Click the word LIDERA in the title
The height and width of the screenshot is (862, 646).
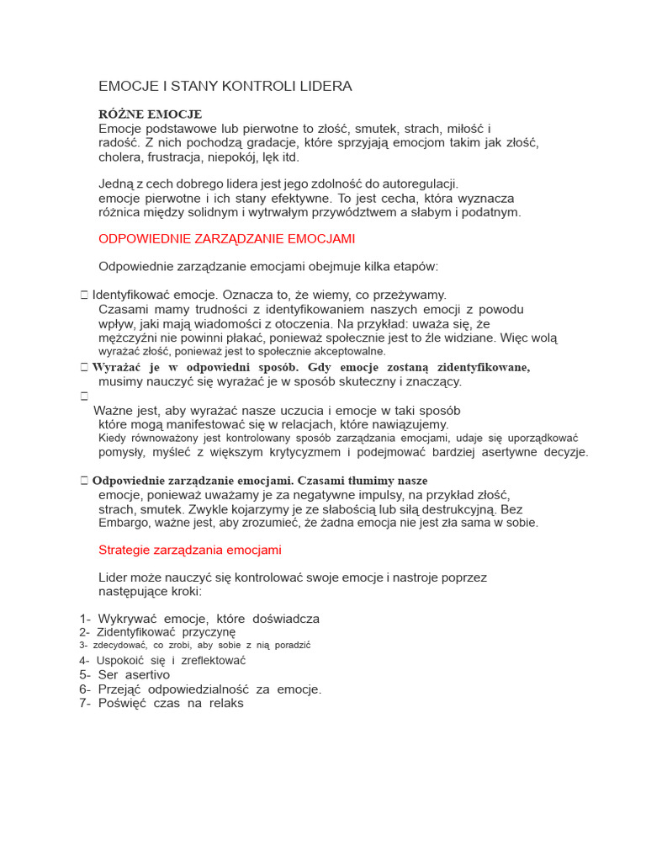(324, 87)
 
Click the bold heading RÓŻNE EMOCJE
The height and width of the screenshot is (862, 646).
(150, 114)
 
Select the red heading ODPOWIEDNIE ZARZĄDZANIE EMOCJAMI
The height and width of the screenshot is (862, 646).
(226, 239)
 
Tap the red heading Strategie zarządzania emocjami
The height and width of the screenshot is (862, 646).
(189, 551)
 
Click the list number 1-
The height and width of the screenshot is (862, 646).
(85, 619)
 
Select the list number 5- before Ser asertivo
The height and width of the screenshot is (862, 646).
(85, 675)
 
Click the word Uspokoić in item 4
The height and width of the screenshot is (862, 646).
(120, 661)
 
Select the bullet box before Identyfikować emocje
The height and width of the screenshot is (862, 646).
(84, 295)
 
